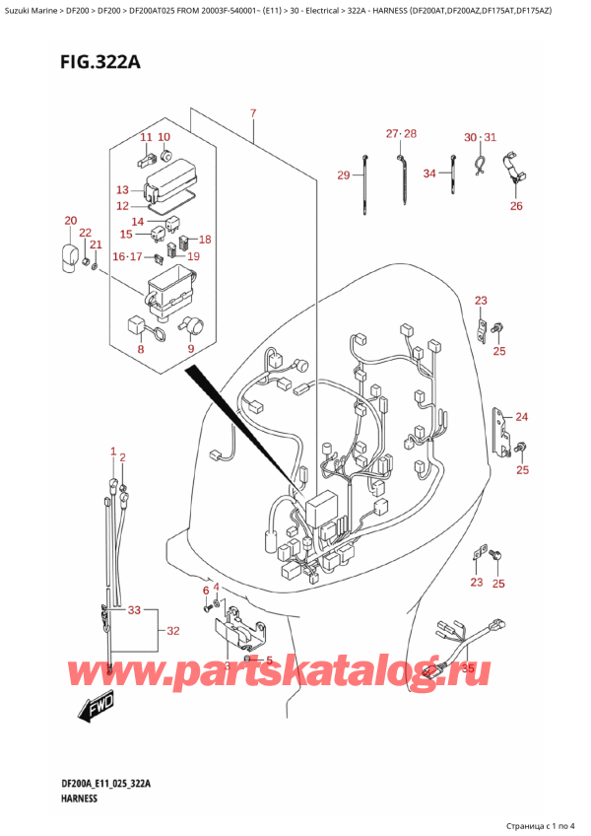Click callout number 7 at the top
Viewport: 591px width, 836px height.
coord(253,114)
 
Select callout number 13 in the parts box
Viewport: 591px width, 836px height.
coord(122,189)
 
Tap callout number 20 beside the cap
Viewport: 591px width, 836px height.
coord(70,220)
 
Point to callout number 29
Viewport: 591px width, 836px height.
coord(344,175)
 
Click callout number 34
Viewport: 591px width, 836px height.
coord(429,174)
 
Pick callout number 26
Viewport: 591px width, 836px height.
coord(516,206)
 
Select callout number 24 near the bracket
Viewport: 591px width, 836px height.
coord(521,416)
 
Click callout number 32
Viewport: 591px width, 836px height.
coord(172,630)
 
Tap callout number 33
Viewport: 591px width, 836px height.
coord(135,610)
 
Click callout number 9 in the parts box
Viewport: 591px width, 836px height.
coord(191,347)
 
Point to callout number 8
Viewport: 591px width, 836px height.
coord(141,347)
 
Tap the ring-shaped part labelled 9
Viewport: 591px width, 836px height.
coord(193,326)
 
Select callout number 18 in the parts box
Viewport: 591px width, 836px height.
coord(205,240)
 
